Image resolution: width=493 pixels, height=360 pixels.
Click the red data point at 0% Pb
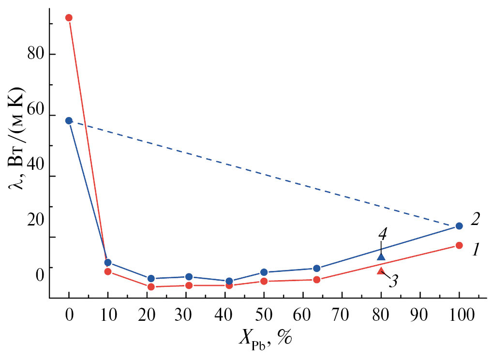(69, 18)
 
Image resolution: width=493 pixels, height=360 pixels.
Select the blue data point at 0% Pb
(69, 120)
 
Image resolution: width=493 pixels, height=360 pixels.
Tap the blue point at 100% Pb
(459, 226)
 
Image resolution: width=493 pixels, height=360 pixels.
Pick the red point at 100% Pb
(459, 245)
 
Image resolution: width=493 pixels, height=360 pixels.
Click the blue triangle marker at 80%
(381, 257)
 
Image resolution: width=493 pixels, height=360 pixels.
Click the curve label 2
(475, 219)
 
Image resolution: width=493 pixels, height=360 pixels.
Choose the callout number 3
(394, 280)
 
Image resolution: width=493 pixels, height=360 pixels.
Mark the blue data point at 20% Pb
(151, 278)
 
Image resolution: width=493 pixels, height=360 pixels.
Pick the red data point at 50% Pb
(264, 281)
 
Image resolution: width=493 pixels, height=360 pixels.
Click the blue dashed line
(264, 173)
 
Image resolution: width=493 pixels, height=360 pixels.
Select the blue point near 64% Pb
(316, 269)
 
